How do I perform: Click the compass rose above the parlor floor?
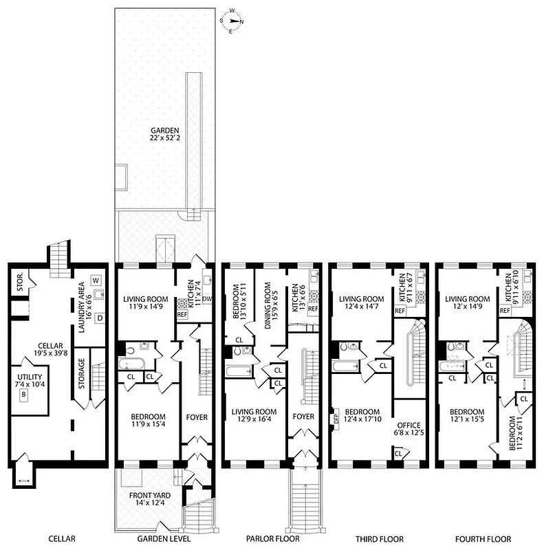235,21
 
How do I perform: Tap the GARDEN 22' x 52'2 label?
166,135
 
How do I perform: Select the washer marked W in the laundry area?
96,280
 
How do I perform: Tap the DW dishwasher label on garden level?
208,298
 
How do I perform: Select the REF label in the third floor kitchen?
400,311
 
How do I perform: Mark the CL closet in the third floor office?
398,452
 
